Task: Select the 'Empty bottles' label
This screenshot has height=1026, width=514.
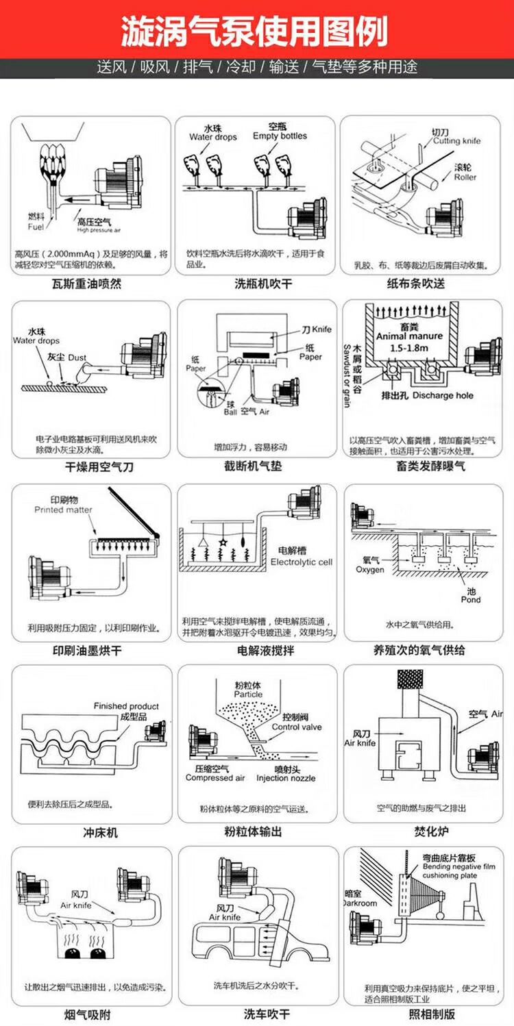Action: pyautogui.click(x=280, y=136)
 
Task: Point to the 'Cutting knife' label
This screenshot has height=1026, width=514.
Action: pyautogui.click(x=456, y=141)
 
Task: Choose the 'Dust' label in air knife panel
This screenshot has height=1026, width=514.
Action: pyautogui.click(x=77, y=358)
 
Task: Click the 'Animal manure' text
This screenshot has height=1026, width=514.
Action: pyautogui.click(x=410, y=336)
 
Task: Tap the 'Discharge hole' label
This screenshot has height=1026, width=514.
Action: pyautogui.click(x=443, y=395)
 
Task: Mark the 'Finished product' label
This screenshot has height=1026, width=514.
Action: pyautogui.click(x=126, y=706)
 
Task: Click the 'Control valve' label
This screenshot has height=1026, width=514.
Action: pyautogui.click(x=296, y=727)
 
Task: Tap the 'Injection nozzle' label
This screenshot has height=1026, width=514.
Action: pyautogui.click(x=286, y=778)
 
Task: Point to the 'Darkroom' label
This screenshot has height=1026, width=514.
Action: pyautogui.click(x=360, y=903)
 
